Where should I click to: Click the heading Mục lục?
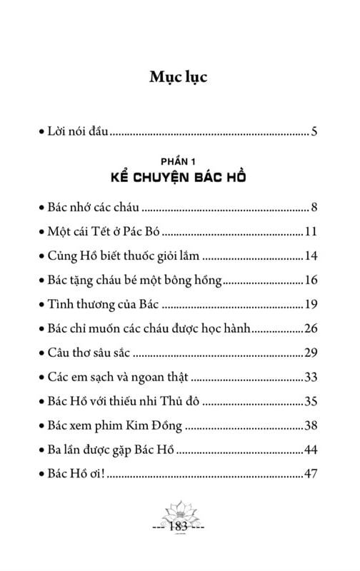[x=179, y=78]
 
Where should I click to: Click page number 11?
[x=311, y=232]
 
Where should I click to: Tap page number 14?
[x=311, y=256]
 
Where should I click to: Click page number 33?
[x=311, y=378]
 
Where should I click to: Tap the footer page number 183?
[x=179, y=528]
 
